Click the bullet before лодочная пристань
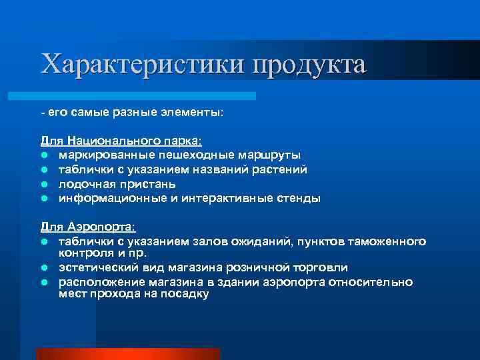coord(44,184)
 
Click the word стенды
coord(297,198)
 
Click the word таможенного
coord(389,241)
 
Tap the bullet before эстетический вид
coord(44,268)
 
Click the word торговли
coord(319,268)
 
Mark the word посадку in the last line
coord(185,293)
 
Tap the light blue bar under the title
coord(147,96)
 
